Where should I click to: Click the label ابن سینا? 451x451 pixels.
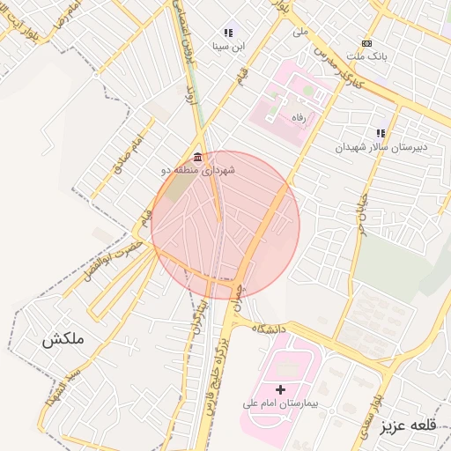(227, 45)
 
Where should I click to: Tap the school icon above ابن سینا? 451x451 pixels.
(228, 32)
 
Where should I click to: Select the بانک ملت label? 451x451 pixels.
(367, 55)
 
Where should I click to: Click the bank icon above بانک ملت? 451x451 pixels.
(367, 43)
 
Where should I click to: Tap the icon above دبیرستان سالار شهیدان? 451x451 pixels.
(381, 133)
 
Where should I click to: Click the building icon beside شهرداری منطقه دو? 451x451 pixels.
(196, 157)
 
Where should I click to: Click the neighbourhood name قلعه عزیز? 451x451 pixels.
(409, 426)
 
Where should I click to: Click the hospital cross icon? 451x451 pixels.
(280, 388)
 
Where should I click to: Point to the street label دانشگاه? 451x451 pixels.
(270, 329)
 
